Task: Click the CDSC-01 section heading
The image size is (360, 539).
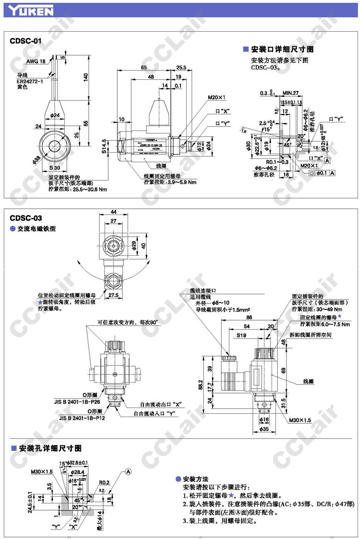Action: pyautogui.click(x=25, y=41)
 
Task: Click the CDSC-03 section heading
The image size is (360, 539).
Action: pyautogui.click(x=25, y=218)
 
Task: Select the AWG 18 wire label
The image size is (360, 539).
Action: pyautogui.click(x=36, y=61)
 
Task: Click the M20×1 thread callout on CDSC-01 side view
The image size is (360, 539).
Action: pyautogui.click(x=216, y=97)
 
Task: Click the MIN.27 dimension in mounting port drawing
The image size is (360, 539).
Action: pyautogui.click(x=290, y=93)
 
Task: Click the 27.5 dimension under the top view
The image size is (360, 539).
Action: pyautogui.click(x=113, y=295)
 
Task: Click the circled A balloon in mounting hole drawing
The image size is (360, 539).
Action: pyautogui.click(x=128, y=471)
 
